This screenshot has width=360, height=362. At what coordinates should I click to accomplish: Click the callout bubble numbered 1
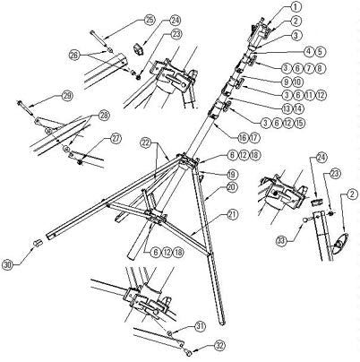click(x=296, y=7)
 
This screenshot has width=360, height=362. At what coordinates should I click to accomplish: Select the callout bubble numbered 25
click(x=149, y=19)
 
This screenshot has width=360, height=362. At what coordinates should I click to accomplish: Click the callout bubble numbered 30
click(x=8, y=264)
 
